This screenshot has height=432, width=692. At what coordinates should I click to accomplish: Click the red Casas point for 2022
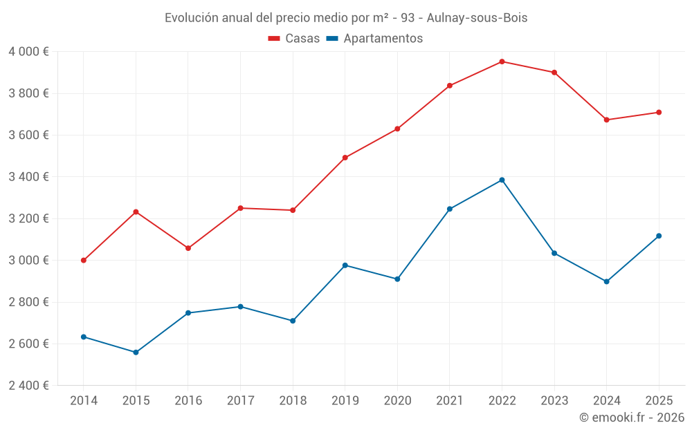502,62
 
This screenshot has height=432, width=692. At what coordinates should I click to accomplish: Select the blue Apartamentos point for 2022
502,180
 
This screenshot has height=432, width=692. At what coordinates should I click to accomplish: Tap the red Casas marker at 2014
84,260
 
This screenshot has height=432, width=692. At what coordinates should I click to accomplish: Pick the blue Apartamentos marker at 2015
136,353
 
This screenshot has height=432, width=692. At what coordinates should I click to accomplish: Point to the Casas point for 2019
345,158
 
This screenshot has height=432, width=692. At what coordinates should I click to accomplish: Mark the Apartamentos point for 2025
659,236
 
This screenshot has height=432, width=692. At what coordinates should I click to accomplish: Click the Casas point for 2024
606,120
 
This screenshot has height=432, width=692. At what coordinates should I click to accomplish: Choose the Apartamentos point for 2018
293,321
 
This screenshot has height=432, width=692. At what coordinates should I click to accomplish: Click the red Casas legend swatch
274,39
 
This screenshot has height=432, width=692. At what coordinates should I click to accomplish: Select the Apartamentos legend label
383,38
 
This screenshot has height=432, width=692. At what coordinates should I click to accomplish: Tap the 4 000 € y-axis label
28,52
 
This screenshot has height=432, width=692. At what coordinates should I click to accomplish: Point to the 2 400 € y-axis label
28,385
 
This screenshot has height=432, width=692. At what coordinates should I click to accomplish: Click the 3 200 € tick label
28,218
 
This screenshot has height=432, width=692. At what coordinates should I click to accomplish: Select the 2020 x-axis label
398,400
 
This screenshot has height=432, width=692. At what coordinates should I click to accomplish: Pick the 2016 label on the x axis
188,400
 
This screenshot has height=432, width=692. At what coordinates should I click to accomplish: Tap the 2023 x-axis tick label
554,400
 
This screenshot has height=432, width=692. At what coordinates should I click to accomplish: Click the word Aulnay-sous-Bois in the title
477,18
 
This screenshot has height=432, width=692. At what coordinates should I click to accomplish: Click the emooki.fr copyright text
632,417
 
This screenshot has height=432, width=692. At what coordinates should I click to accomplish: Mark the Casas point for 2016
188,248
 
